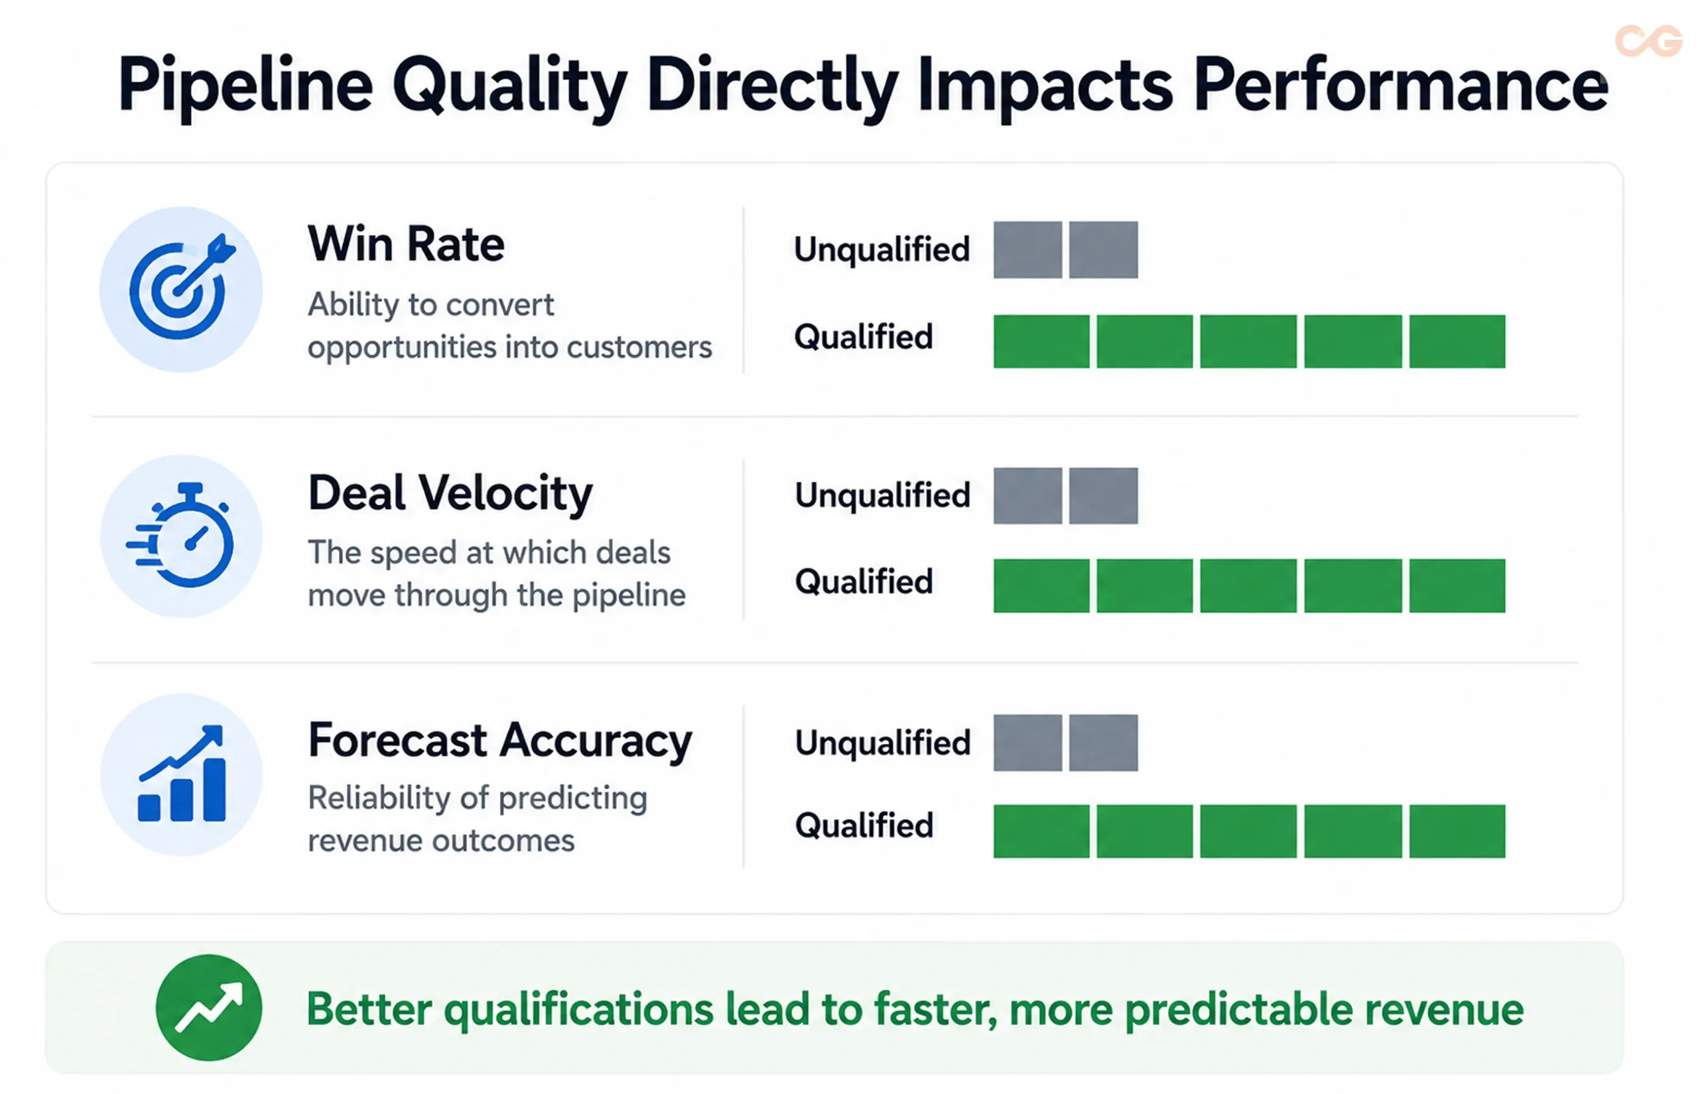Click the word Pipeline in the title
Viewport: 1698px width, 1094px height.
(245, 87)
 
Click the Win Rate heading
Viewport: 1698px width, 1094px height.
(406, 244)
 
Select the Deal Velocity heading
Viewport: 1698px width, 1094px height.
(450, 494)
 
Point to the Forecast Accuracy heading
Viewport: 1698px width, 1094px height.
(500, 741)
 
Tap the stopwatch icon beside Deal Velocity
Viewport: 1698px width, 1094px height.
(180, 535)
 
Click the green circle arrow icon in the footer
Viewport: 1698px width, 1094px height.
(209, 1007)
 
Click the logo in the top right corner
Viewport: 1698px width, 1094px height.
(1648, 40)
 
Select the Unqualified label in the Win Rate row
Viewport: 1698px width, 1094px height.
(882, 249)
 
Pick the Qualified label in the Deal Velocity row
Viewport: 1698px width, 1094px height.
(864, 581)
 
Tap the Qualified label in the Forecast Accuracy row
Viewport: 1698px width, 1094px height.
(864, 825)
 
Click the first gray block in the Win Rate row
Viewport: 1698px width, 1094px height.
(1027, 249)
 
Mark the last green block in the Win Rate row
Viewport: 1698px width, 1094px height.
(1457, 341)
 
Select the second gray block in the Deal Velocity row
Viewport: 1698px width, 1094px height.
(1103, 496)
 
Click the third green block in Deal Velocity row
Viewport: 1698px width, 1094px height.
(1248, 585)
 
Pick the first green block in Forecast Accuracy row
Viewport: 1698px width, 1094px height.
(1041, 831)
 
